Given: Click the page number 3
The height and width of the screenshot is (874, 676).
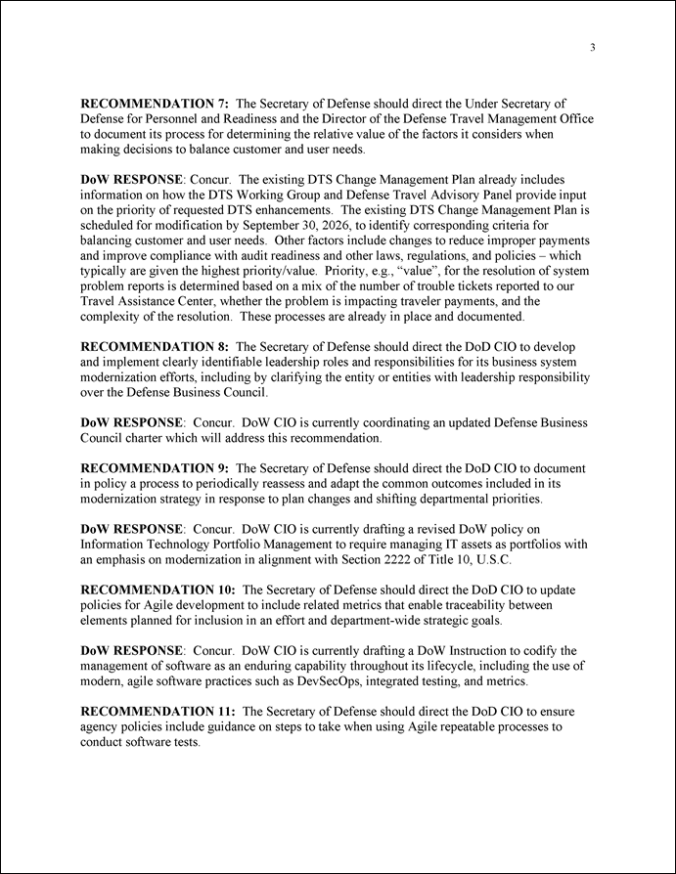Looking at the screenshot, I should [x=593, y=47].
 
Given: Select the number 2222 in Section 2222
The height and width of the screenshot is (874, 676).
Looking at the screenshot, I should [x=418, y=561].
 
